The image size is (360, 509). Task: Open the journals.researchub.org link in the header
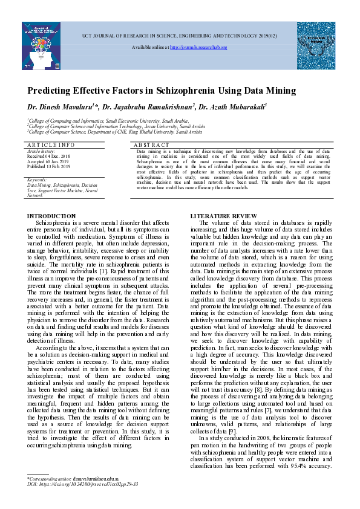[x=199, y=47]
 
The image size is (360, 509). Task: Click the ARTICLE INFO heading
[x=51, y=145]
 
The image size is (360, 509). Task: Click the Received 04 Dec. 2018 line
[x=49, y=156]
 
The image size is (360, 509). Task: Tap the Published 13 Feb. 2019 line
[x=49, y=166]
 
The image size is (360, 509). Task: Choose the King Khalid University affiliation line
[x=115, y=131]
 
